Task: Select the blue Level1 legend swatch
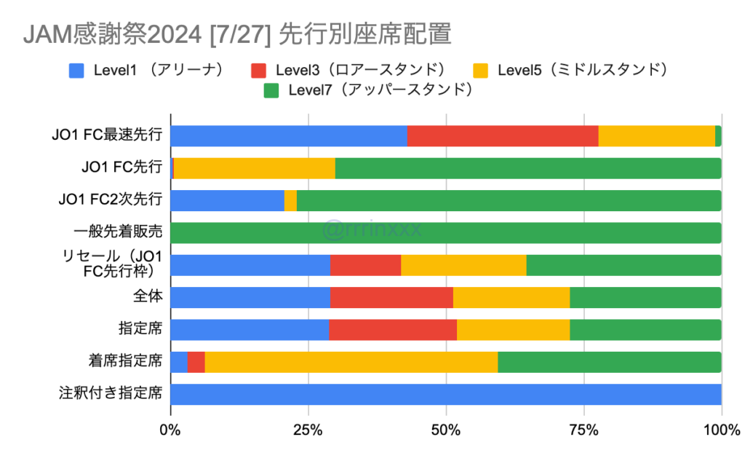click(77, 71)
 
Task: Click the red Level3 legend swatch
click(260, 71)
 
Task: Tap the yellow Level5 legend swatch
click(481, 71)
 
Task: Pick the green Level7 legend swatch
click(271, 91)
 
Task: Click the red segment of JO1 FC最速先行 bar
click(502, 136)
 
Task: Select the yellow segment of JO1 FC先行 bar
click(255, 168)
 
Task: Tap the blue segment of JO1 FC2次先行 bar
click(227, 200)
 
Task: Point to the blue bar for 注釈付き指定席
click(445, 394)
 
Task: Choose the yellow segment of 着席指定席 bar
click(351, 362)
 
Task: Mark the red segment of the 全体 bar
click(391, 297)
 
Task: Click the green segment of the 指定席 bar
click(645, 329)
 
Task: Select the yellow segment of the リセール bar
click(463, 265)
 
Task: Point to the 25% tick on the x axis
click(308, 430)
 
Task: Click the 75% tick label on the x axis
click(583, 430)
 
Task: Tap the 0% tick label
click(170, 430)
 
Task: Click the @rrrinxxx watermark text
click(372, 231)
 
